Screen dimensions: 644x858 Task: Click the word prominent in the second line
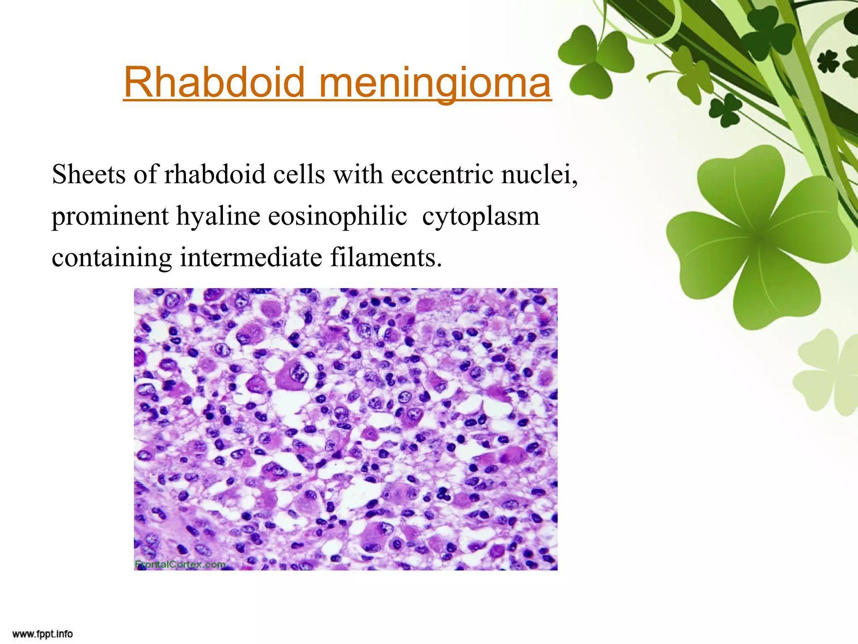tap(110, 216)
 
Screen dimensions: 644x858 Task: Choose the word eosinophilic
tap(337, 216)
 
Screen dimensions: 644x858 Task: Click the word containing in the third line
tap(111, 257)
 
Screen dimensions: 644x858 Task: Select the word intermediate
tap(251, 257)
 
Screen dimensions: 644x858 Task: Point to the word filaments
tap(386, 257)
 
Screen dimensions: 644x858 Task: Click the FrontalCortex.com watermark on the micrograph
tap(180, 564)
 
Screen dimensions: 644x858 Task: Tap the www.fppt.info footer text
tap(42, 634)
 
